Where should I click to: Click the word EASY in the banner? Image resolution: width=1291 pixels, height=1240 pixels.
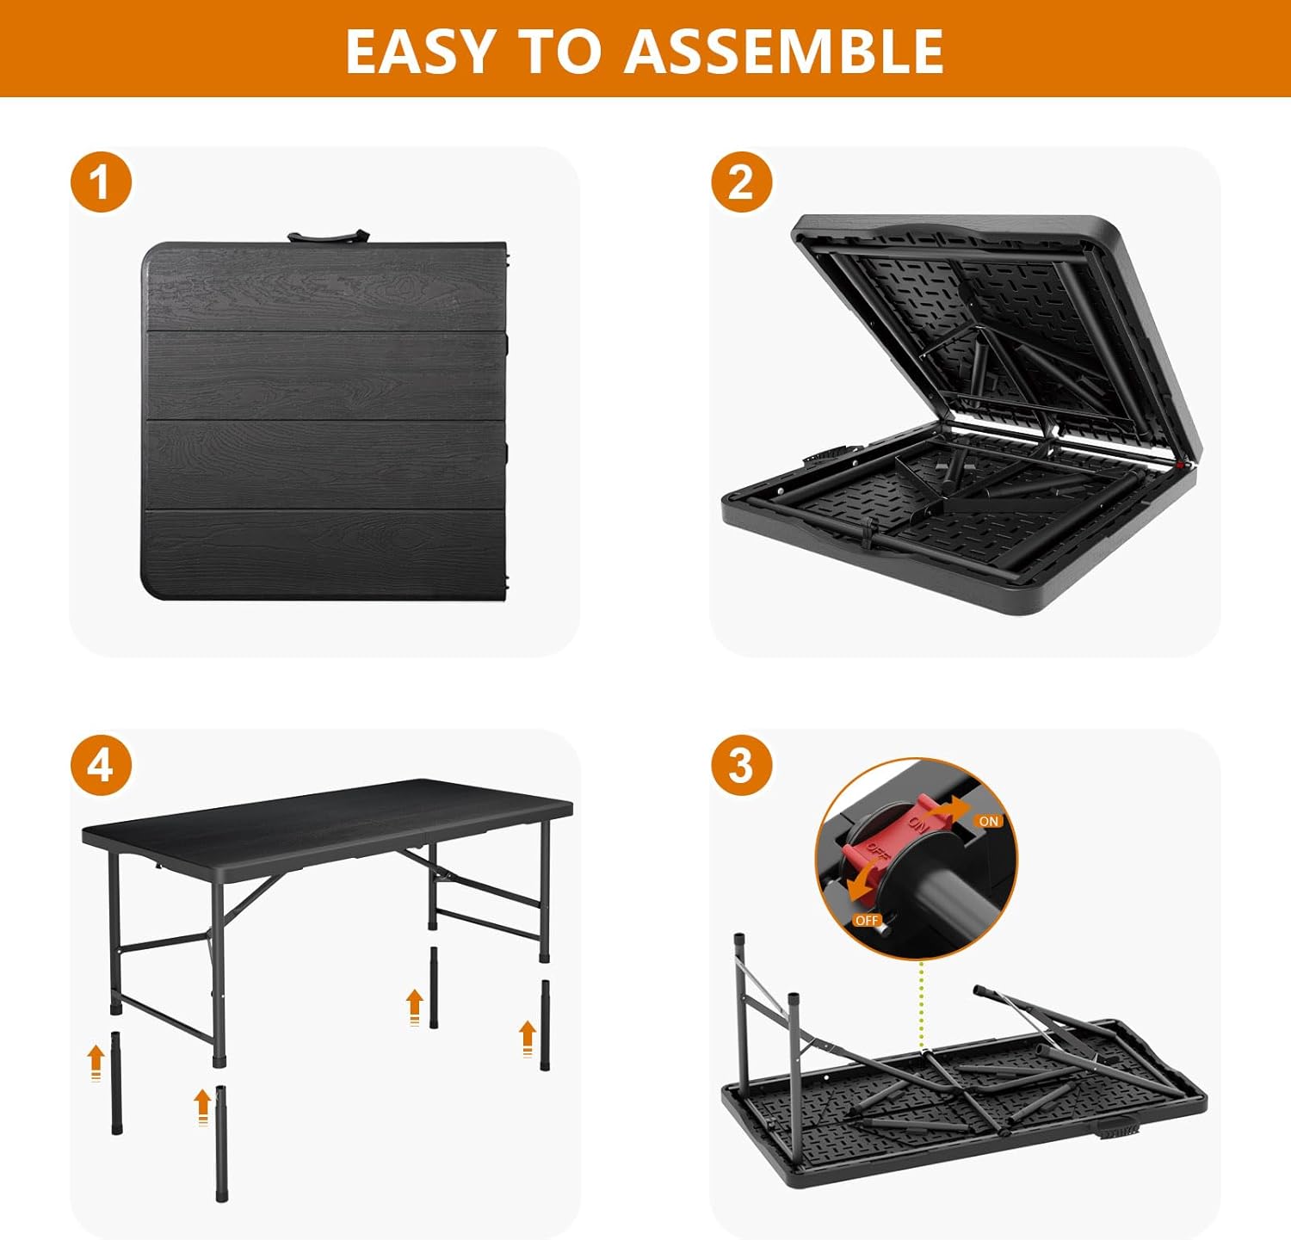[x=419, y=51]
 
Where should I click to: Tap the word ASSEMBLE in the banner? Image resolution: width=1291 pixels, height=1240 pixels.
[x=784, y=51]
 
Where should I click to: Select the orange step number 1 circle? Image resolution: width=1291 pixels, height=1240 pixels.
[x=101, y=182]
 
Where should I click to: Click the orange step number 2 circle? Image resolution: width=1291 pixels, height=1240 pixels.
[x=741, y=182]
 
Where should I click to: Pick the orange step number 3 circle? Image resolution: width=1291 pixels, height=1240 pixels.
[x=741, y=765]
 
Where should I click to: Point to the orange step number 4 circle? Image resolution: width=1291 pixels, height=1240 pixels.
[x=101, y=765]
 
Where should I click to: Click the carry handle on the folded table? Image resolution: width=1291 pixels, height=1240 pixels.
[x=327, y=236]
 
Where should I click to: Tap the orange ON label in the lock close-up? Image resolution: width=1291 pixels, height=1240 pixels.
[x=989, y=821]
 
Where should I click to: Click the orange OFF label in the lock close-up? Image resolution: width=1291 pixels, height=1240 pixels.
[x=867, y=920]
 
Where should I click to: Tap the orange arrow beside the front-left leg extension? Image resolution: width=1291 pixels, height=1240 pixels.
[x=96, y=1062]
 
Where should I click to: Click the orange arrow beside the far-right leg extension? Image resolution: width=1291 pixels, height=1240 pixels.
[x=527, y=1038]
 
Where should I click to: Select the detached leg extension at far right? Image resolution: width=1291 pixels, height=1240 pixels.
[x=545, y=1024]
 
